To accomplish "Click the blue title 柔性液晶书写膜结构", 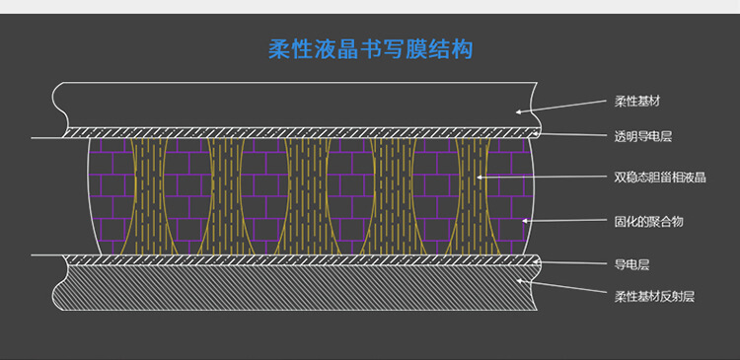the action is (x=370, y=49).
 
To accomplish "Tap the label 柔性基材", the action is (x=636, y=102).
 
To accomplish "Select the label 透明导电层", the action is (x=642, y=137).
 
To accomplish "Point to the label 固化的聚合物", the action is (x=648, y=222).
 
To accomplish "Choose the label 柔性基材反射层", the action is (x=654, y=296).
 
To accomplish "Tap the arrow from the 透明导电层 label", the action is (x=572, y=134).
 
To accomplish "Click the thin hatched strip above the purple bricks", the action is (x=296, y=131).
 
